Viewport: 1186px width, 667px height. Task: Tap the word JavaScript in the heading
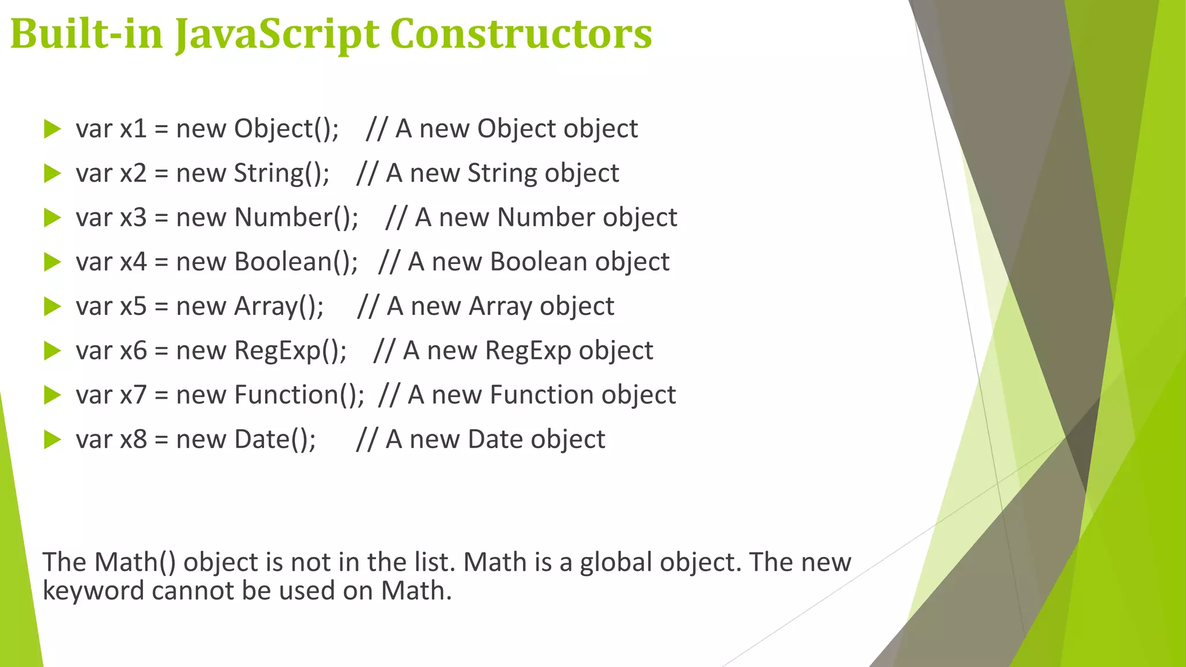pos(278,35)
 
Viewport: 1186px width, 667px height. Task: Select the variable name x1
pos(133,129)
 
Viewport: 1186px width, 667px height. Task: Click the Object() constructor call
pos(286,129)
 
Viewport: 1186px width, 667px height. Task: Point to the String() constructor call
pos(281,173)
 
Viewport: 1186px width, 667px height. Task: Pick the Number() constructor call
pos(296,218)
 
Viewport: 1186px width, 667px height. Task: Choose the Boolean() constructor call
pos(296,262)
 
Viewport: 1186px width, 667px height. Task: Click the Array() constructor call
pos(279,306)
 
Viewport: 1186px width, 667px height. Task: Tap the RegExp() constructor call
pos(290,351)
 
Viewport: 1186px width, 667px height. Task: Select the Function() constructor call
pos(299,395)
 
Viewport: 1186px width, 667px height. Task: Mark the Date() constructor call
pos(275,439)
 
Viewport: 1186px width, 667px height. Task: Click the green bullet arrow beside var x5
pos(52,306)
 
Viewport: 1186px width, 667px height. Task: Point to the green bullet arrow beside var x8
pos(52,439)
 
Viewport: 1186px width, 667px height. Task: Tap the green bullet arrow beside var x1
pos(52,129)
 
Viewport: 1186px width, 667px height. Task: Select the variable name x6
pos(133,351)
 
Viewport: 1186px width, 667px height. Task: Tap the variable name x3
pos(133,218)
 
